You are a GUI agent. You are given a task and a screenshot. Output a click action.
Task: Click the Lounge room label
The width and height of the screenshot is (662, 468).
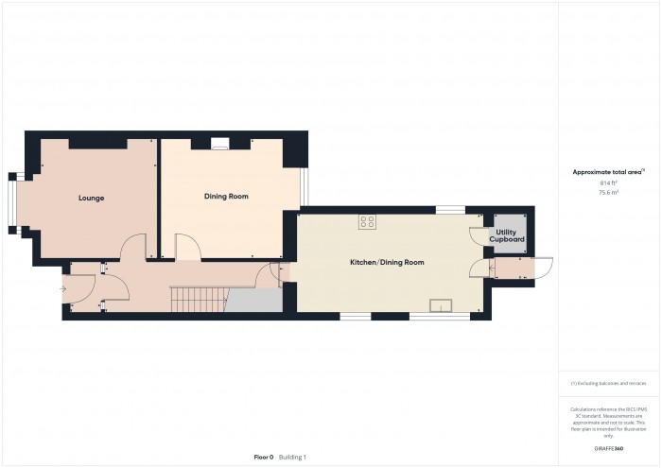(91, 198)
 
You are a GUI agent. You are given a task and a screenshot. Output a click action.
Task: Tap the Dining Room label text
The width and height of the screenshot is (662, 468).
(226, 196)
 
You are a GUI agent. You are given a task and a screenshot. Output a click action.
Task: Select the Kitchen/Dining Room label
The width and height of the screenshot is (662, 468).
(387, 261)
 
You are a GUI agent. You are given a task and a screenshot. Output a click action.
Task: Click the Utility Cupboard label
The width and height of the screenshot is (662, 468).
(507, 235)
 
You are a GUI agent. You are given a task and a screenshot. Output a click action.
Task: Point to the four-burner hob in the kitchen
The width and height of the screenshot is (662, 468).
(367, 222)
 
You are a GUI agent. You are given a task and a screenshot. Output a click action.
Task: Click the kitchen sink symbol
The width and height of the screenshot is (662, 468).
(441, 304)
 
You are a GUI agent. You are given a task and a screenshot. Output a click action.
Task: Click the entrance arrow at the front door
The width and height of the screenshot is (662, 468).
(63, 289)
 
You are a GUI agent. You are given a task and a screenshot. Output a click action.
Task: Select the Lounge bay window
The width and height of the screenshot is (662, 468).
(14, 200)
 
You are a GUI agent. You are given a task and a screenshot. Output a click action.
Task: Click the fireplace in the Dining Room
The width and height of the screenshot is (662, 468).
(220, 144)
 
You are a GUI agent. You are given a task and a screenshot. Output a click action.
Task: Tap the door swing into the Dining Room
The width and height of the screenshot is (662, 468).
(187, 248)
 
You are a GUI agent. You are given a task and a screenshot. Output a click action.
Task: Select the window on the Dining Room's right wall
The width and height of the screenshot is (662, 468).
(304, 186)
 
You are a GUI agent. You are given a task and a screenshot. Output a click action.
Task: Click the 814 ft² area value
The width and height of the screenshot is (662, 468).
(608, 182)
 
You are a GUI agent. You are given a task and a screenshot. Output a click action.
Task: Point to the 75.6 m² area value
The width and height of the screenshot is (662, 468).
(608, 192)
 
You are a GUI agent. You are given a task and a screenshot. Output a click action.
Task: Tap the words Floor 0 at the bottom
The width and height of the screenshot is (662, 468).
(264, 457)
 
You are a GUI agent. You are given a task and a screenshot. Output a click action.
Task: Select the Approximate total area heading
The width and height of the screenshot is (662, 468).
(607, 171)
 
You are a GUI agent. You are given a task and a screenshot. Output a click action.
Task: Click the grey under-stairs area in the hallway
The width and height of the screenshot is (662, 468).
(255, 300)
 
